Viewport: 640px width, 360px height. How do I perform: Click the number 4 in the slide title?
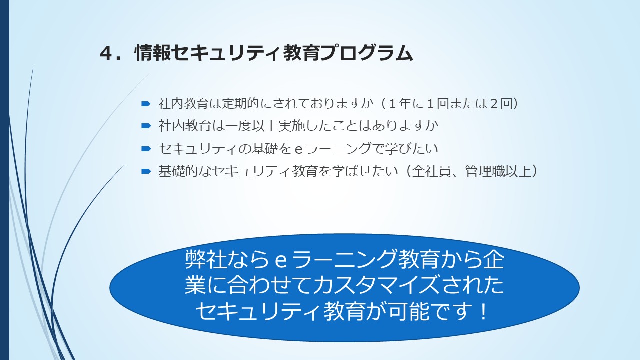pos(106,53)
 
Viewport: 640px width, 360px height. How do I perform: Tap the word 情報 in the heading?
pos(153,53)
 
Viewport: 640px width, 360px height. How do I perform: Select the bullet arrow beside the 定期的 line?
pos(146,103)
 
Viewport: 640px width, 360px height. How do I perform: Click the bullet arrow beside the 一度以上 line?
pos(146,126)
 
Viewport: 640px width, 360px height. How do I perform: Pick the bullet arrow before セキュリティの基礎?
pos(146,148)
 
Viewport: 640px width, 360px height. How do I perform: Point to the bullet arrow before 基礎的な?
pos(146,171)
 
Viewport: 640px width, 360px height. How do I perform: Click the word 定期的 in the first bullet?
pos(241,103)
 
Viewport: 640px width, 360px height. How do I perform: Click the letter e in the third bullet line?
pos(298,149)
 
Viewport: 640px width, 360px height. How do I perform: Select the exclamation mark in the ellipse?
pos(483,311)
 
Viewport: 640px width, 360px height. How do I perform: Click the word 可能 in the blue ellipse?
pos(408,311)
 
